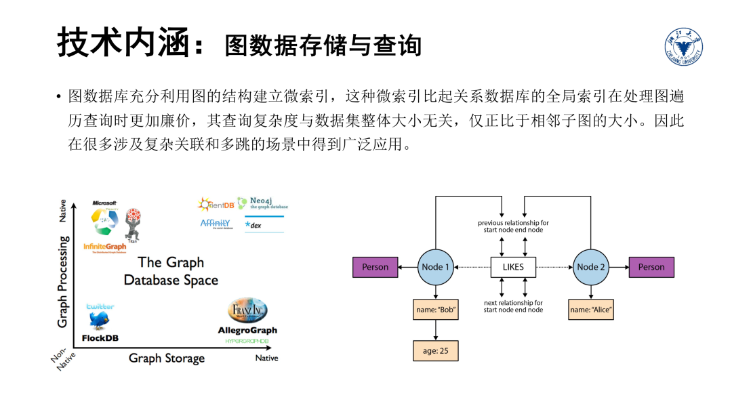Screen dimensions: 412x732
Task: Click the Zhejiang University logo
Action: tap(683, 47)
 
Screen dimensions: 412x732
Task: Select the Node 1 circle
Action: tap(435, 267)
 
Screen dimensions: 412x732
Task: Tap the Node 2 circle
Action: tap(591, 267)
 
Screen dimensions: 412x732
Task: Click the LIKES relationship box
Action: tap(513, 267)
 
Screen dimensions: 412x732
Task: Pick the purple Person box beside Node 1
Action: tap(375, 267)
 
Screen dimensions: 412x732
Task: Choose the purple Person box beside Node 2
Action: tap(651, 267)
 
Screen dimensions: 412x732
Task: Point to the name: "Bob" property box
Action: tap(435, 311)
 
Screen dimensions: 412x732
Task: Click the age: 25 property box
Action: tap(435, 350)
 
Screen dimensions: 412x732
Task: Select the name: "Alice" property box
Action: tap(591, 311)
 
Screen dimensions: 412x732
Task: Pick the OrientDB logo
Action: tap(216, 204)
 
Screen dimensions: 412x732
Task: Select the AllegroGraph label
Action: tap(247, 331)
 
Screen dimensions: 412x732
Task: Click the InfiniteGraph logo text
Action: tap(105, 247)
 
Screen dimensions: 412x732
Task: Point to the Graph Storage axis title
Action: tap(167, 358)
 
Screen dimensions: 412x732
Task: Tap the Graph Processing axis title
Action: tap(63, 281)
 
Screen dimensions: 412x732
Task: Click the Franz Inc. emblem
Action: tap(247, 311)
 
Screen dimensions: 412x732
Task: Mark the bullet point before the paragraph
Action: tap(59, 98)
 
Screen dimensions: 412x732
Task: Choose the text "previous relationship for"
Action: tap(513, 223)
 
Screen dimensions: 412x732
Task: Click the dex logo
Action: tap(256, 225)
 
